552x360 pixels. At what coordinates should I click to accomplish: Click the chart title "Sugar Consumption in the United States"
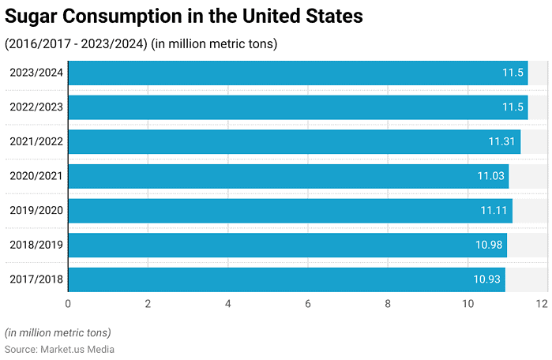184,17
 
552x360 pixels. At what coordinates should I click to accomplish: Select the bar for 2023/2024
298,73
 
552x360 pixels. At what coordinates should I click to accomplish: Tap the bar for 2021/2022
294,141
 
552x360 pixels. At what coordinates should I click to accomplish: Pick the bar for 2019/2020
290,211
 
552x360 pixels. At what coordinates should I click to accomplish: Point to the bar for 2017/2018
287,279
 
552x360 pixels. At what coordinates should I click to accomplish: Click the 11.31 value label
501,141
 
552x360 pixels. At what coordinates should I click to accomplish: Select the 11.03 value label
490,176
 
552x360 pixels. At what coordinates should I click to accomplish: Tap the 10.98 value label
489,245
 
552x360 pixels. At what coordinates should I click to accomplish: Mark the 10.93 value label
487,279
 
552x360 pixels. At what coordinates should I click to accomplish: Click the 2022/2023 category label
36,107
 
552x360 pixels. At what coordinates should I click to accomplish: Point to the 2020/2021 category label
36,176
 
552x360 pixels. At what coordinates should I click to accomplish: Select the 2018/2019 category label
36,245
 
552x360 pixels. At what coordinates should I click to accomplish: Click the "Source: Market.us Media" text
59,349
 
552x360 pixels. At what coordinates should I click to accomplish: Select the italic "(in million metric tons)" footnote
58,332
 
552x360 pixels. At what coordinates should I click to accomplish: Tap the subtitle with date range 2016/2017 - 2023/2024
141,43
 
